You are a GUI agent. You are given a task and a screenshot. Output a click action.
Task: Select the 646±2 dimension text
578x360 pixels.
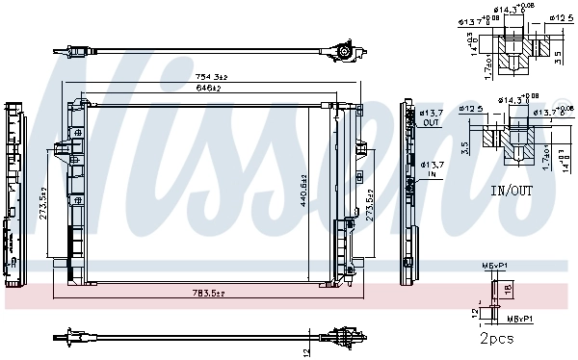(209, 88)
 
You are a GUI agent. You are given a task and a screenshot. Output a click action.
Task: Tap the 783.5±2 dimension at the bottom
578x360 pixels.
(207, 293)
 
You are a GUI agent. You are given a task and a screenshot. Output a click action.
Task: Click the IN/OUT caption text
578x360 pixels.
(511, 191)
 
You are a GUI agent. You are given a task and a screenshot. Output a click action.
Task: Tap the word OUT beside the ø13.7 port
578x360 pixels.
(430, 123)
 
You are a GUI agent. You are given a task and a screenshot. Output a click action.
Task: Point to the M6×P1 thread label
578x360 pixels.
(492, 267)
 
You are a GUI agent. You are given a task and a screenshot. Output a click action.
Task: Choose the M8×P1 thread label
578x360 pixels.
(517, 314)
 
